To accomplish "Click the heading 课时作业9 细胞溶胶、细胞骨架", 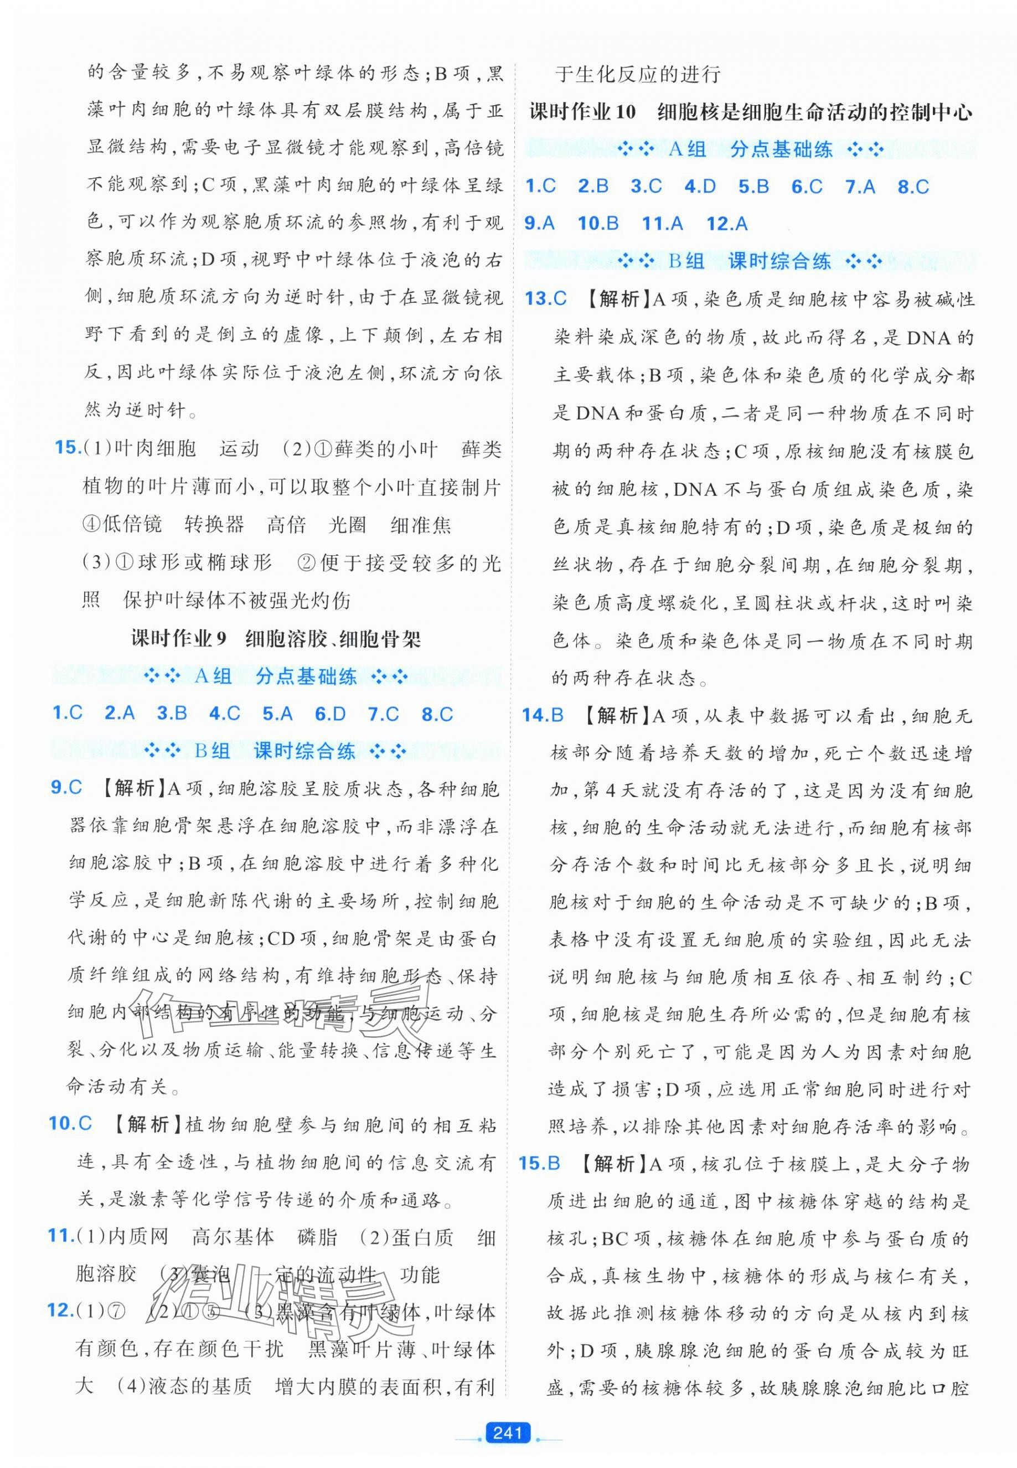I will tap(276, 639).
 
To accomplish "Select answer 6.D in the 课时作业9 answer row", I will tap(329, 714).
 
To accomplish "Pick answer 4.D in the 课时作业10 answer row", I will tap(700, 186).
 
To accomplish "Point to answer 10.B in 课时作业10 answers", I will tap(598, 223).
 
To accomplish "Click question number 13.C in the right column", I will tap(545, 298).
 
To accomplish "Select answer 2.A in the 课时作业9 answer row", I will tap(119, 714).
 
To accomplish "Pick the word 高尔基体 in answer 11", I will tap(233, 1237).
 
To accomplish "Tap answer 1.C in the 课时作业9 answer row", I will tap(68, 714).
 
